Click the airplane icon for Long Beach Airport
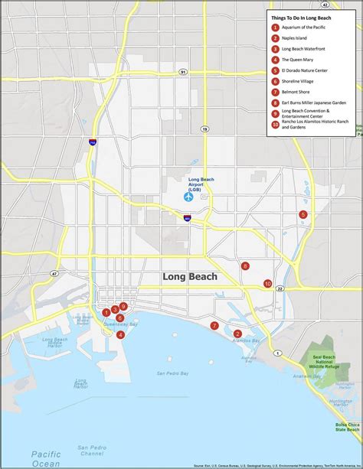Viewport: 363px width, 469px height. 188,197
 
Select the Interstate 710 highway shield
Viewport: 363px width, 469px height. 91,142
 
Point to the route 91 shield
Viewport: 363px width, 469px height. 183,71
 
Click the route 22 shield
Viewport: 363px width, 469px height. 280,288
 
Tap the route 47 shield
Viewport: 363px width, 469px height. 54,273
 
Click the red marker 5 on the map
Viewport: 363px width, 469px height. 303,214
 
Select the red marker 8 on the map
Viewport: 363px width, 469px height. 245,266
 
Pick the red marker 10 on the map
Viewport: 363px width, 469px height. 267,284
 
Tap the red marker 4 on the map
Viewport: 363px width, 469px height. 121,334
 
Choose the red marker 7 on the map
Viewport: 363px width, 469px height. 214,325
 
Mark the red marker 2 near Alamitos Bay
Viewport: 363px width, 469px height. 237,334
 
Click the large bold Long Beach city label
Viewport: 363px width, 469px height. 190,277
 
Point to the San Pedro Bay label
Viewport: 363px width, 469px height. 173,373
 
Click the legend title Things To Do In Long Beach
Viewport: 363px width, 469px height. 302,16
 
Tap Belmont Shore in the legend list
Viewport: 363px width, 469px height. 296,91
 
